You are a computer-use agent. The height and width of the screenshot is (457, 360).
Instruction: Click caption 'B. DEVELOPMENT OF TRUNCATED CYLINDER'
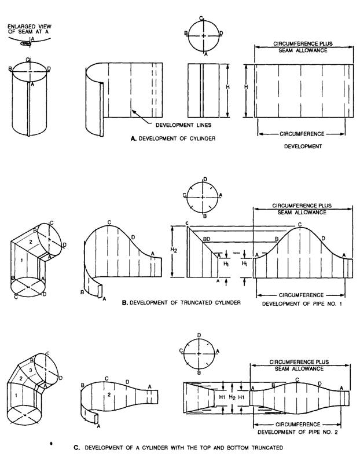(178, 302)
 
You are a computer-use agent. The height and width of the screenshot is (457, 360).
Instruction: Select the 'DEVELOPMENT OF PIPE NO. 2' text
(297, 432)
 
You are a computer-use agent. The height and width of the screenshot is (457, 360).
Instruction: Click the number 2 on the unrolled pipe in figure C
(108, 394)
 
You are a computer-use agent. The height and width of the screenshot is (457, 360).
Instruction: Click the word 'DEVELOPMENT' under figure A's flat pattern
(303, 147)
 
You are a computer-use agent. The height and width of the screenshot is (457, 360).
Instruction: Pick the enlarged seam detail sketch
(25, 42)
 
